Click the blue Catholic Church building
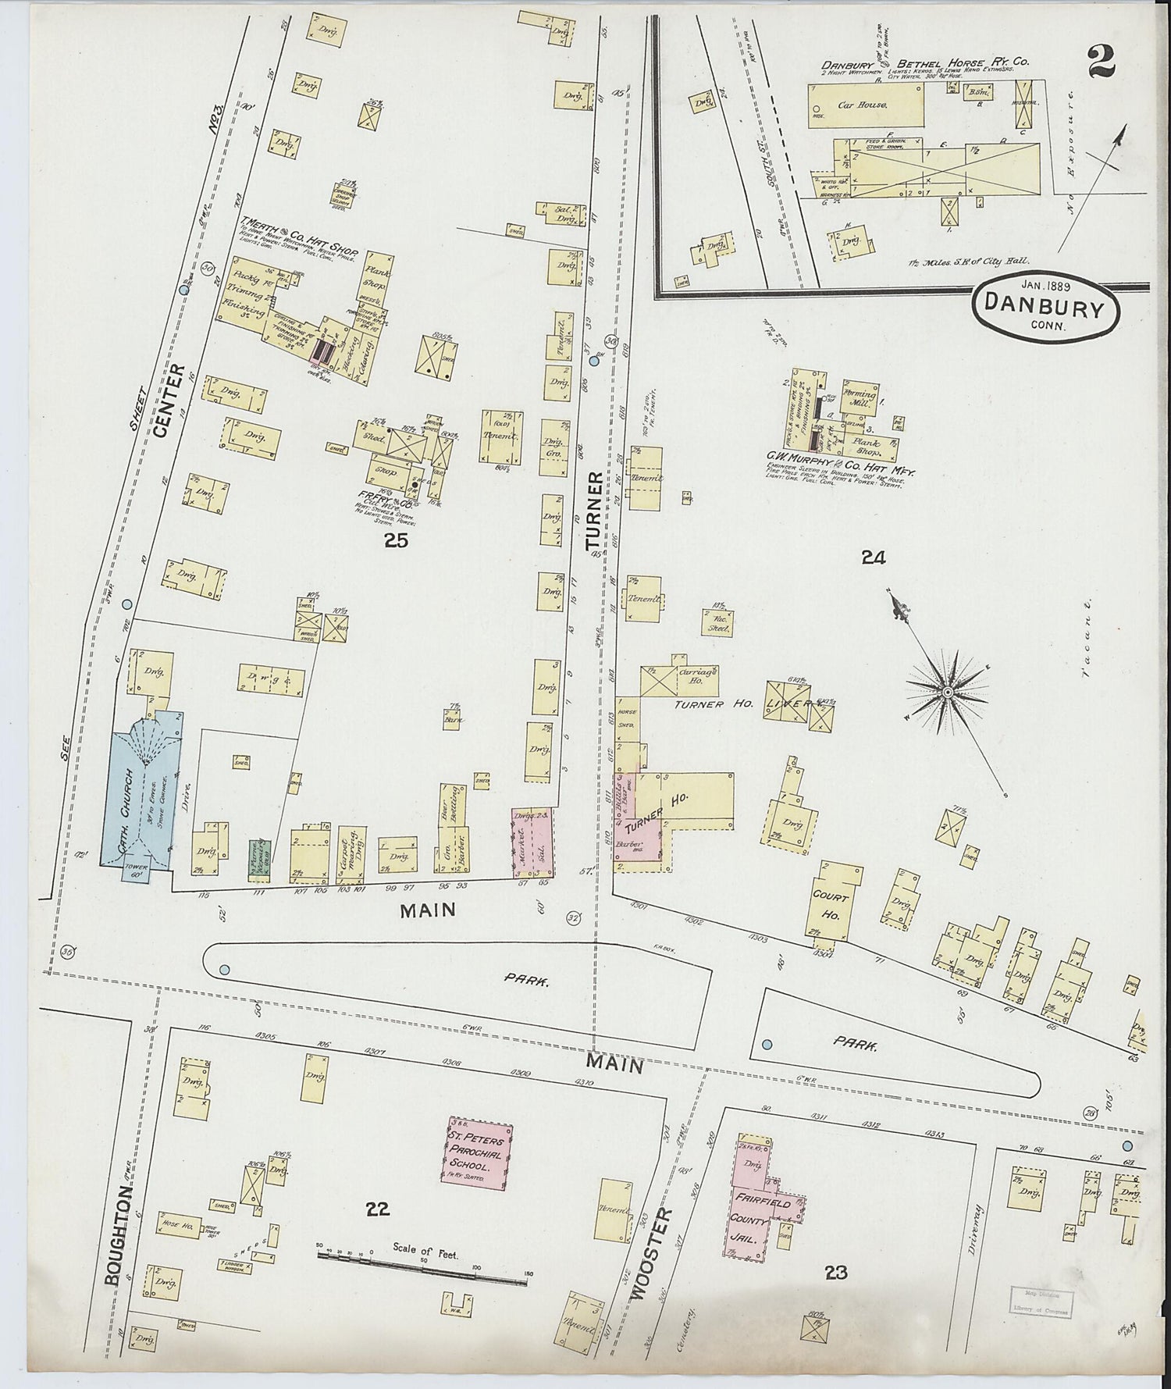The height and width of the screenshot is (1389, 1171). pos(145,789)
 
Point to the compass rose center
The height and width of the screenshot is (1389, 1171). pos(946,692)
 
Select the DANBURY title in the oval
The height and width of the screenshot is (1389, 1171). pos(1045,307)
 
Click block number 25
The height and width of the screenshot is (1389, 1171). pos(396,540)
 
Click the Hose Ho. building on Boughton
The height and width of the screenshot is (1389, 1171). pos(179,1224)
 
